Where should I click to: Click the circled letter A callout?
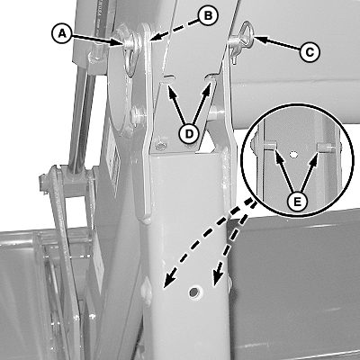pyautogui.click(x=62, y=33)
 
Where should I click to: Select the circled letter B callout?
pyautogui.click(x=208, y=15)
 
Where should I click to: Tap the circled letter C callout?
pyautogui.click(x=310, y=52)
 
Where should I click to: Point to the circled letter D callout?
pyautogui.click(x=189, y=134)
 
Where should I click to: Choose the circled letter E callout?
pyautogui.click(x=297, y=202)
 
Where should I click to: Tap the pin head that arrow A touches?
pyautogui.click(x=129, y=43)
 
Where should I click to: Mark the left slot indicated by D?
pyautogui.click(x=168, y=79)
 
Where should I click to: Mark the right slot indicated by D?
pyautogui.click(x=210, y=78)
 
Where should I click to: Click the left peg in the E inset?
pyautogui.click(x=269, y=145)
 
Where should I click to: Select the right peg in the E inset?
pyautogui.click(x=326, y=147)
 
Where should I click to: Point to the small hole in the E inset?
pyautogui.click(x=293, y=155)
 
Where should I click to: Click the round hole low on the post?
pyautogui.click(x=194, y=292)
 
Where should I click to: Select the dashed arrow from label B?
pyautogui.click(x=175, y=29)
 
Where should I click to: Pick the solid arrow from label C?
pyautogui.click(x=277, y=43)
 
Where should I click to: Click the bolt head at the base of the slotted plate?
pyautogui.click(x=161, y=146)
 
